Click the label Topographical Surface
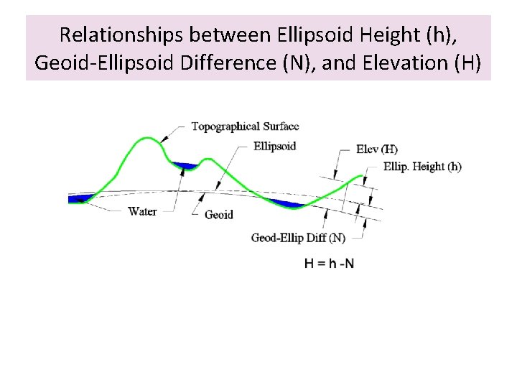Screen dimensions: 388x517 245,126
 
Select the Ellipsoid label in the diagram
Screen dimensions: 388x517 274,146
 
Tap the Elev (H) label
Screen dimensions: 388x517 376,150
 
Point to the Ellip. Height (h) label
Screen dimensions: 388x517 422,167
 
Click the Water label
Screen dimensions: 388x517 142,211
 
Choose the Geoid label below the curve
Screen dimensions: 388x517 219,215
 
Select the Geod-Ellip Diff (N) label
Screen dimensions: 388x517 298,237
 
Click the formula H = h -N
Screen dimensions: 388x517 329,263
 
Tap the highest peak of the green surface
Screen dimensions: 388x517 149,139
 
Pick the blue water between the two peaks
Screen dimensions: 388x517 186,166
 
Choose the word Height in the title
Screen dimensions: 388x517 368,34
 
